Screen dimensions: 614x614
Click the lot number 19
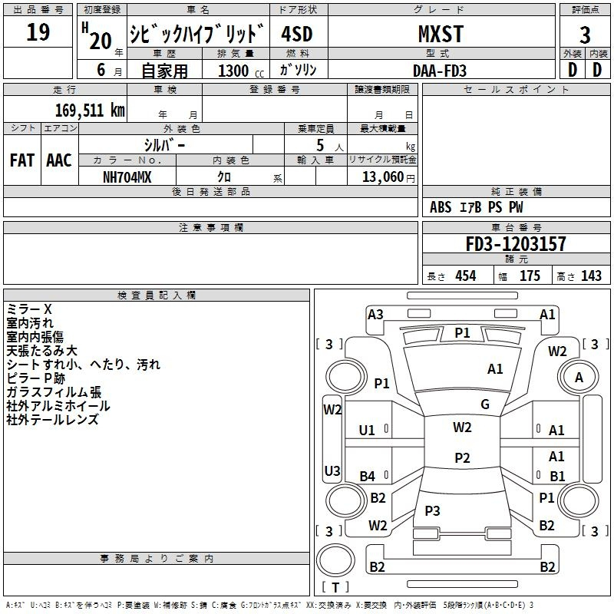(38, 31)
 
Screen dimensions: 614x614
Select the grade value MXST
(441, 34)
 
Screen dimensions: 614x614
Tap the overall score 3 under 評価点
(585, 35)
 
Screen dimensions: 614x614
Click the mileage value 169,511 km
(90, 111)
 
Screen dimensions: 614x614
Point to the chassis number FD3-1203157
(516, 243)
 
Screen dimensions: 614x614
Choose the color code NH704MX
(127, 177)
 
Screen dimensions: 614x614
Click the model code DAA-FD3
(440, 71)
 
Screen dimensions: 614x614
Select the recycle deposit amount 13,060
(383, 177)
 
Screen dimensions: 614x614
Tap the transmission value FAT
(22, 160)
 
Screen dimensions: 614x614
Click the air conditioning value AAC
(59, 160)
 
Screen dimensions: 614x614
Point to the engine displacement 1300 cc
(241, 71)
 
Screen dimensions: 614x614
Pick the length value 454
(466, 276)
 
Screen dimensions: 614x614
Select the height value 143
(591, 276)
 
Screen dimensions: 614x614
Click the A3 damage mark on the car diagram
(375, 315)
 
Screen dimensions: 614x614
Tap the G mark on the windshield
(485, 404)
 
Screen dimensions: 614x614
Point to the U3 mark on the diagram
(332, 470)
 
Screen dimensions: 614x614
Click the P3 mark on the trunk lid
(432, 510)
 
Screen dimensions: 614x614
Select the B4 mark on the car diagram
(367, 476)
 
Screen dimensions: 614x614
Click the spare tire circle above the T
(335, 560)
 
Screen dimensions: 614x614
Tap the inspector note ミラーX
(29, 309)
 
